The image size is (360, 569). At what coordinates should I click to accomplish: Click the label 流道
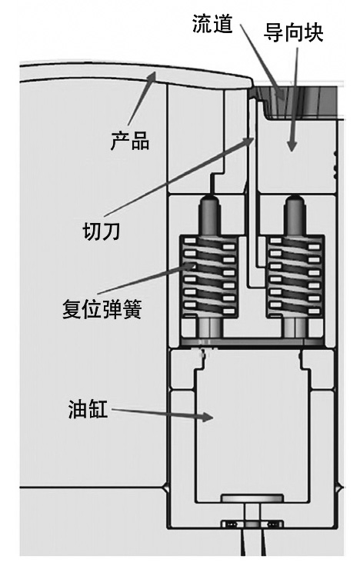212,24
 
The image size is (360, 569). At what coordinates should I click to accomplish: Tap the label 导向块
293,32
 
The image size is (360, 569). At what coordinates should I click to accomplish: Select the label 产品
130,141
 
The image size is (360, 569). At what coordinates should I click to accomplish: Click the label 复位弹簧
102,308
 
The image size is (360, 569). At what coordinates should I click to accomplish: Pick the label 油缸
88,408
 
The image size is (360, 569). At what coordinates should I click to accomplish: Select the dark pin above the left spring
209,216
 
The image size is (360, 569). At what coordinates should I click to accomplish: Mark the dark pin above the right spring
295,216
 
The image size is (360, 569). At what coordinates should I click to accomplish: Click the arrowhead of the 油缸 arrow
207,417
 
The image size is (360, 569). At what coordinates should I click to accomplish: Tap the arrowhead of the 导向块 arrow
292,146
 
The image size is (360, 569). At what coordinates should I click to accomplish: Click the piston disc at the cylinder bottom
252,497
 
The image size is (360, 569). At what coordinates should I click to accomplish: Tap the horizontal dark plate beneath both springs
252,342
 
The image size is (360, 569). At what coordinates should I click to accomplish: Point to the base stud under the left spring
209,327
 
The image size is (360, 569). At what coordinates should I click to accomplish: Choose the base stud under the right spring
295,327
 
